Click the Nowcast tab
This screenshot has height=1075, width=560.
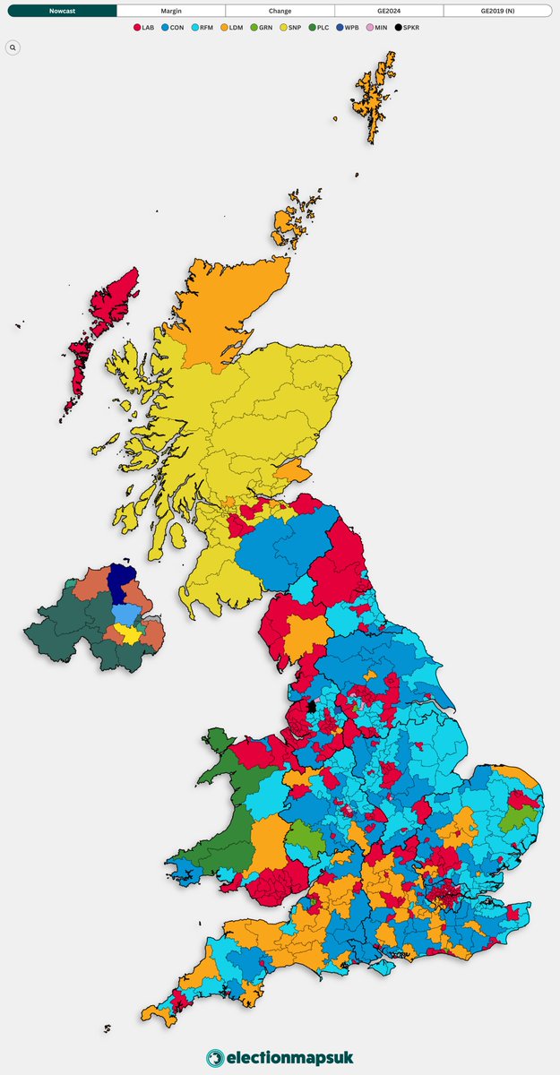click(x=63, y=11)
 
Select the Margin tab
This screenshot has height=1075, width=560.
click(x=170, y=11)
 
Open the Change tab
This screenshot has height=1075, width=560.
click(x=280, y=11)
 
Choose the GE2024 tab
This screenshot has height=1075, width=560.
click(x=389, y=11)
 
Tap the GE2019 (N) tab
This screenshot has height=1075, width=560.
click(x=497, y=11)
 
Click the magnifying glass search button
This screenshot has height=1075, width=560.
click(x=13, y=47)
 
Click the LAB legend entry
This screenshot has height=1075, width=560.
click(x=144, y=28)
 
